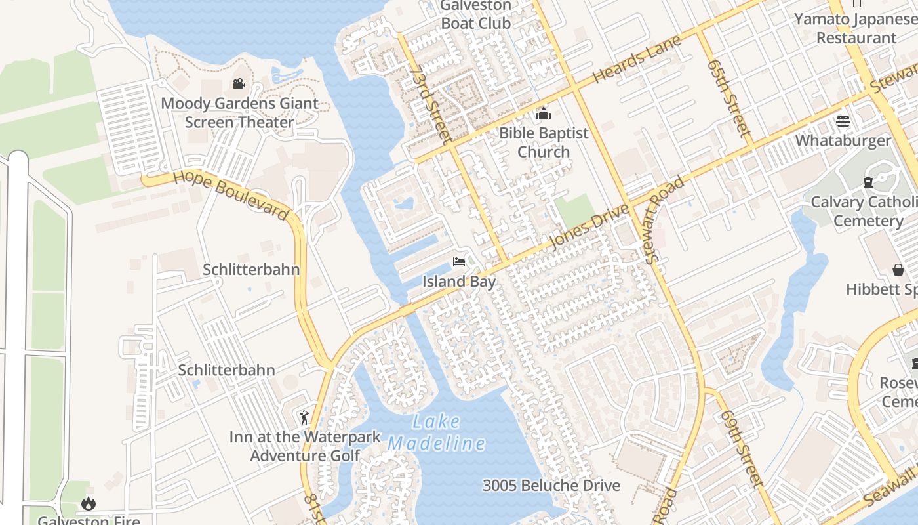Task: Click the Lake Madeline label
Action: click(x=437, y=433)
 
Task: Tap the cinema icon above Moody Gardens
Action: click(x=239, y=84)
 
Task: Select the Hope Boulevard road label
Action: click(x=231, y=195)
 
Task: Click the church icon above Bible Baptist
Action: click(x=543, y=114)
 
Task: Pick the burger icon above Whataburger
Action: click(x=843, y=121)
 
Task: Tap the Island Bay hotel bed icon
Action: click(x=459, y=262)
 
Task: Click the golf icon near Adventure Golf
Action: click(x=304, y=417)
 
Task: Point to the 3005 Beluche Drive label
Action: click(x=551, y=486)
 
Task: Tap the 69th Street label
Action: click(x=742, y=450)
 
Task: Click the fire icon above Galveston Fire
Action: click(x=88, y=503)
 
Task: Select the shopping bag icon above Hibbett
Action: click(x=898, y=270)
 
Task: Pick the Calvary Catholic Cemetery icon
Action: click(x=868, y=182)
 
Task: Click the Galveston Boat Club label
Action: click(x=475, y=14)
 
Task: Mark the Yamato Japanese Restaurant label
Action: click(x=855, y=28)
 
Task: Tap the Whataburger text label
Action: click(x=843, y=141)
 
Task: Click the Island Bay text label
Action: click(x=458, y=282)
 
